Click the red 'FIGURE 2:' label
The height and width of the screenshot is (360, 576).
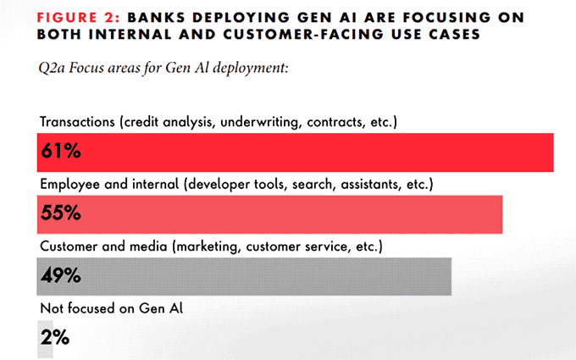click(79, 17)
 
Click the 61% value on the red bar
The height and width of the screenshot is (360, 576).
click(61, 151)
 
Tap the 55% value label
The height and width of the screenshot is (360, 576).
click(61, 213)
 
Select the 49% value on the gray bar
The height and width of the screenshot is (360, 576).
click(61, 275)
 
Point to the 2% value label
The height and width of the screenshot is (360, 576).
click(55, 337)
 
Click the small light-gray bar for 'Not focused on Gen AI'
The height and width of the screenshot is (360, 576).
click(45, 339)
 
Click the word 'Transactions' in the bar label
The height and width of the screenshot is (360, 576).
click(77, 122)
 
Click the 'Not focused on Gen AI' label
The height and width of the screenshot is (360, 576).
click(111, 308)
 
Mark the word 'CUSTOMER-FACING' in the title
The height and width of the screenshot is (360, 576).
click(303, 34)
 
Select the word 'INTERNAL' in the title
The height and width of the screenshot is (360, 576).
click(130, 34)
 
